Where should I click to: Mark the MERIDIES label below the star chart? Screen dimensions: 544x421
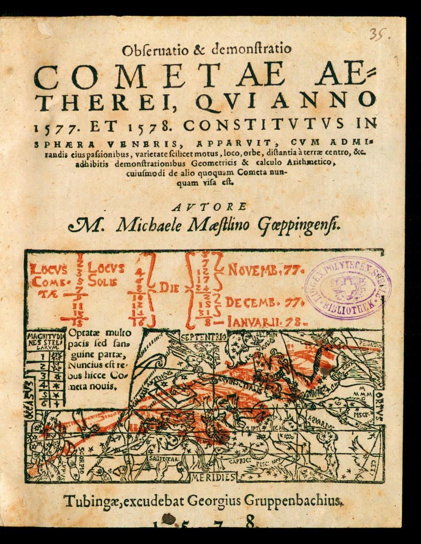pyautogui.click(x=213, y=477)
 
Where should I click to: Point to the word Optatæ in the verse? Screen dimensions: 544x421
pyautogui.click(x=83, y=334)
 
